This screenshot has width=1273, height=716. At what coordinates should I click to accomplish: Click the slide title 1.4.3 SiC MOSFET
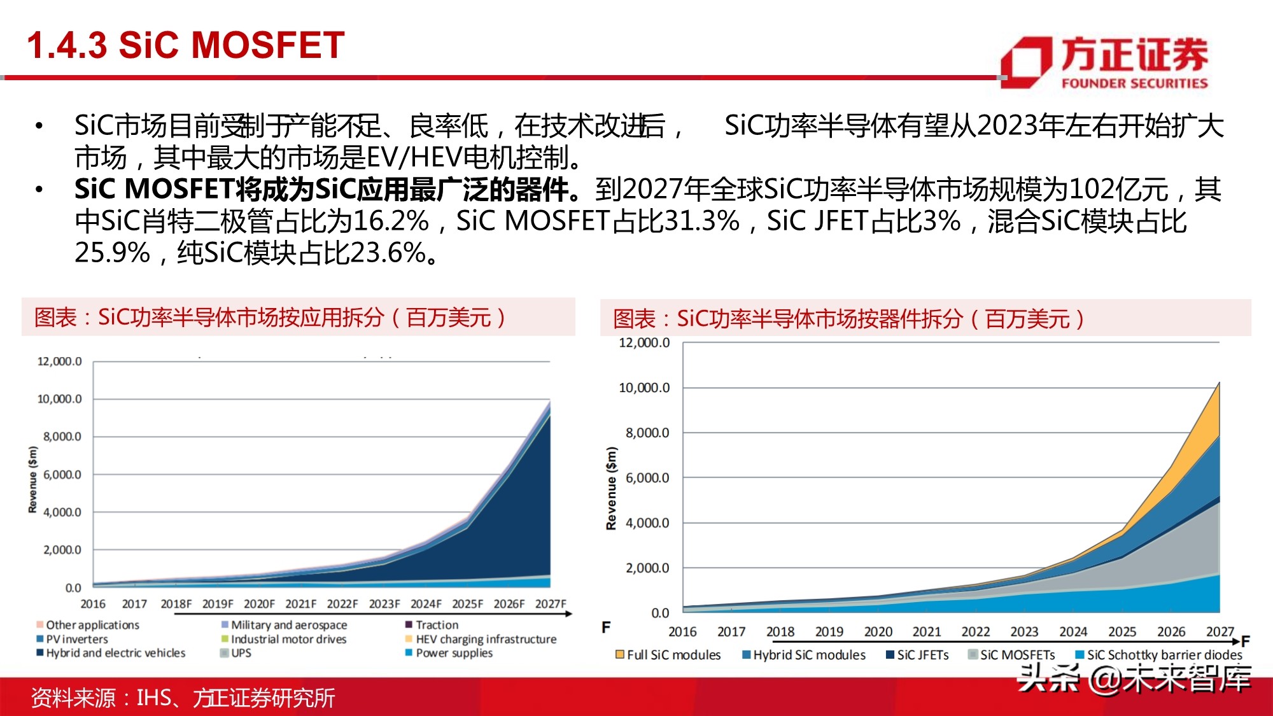(x=185, y=46)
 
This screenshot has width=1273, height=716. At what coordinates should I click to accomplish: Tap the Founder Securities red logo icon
(x=1025, y=62)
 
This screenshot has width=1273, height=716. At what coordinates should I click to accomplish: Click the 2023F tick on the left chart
(x=384, y=604)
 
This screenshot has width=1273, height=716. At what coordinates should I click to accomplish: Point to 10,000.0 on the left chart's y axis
(x=59, y=399)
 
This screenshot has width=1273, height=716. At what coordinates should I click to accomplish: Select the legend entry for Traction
(x=437, y=625)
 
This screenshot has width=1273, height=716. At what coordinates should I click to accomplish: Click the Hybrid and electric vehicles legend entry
(x=115, y=653)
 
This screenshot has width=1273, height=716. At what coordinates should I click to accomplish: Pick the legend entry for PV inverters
(x=76, y=639)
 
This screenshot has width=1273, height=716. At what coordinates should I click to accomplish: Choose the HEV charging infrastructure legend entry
(x=486, y=639)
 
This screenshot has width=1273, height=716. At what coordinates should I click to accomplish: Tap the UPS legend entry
(x=241, y=653)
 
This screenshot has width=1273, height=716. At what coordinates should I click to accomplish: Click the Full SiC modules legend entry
(x=673, y=655)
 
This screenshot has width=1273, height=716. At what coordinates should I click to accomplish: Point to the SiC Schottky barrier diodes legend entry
(x=1164, y=655)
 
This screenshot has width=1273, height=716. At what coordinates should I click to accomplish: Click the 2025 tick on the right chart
(x=1122, y=631)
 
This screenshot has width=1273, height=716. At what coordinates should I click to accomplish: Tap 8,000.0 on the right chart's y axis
(x=647, y=433)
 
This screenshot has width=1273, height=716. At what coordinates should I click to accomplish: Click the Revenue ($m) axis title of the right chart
(x=611, y=488)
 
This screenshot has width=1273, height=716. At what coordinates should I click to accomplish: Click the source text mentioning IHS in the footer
(x=183, y=698)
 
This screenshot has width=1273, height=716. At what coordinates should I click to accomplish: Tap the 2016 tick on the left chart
(x=93, y=604)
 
